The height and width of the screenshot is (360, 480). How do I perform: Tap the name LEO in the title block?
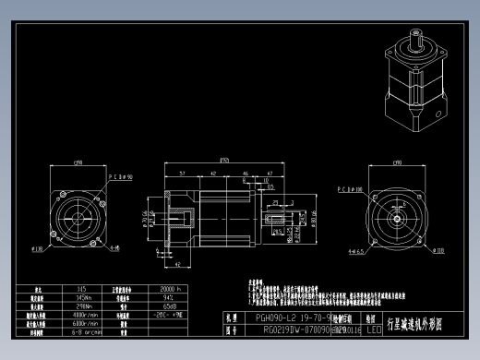pyautogui.click(x=374, y=328)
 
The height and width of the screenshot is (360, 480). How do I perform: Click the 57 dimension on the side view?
pyautogui.click(x=183, y=173)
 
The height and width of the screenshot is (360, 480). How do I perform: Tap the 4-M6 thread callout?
pyautogui.click(x=114, y=248)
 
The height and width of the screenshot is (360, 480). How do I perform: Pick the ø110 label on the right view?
pyautogui.click(x=438, y=249)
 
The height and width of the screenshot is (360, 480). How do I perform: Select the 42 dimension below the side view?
pyautogui.click(x=175, y=263)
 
